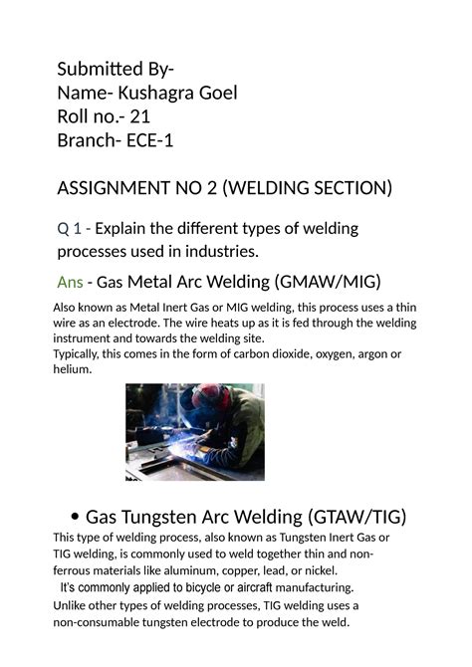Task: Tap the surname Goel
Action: (217, 94)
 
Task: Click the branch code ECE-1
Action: (147, 140)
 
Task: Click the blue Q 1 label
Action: (70, 228)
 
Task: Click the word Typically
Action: (82, 354)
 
